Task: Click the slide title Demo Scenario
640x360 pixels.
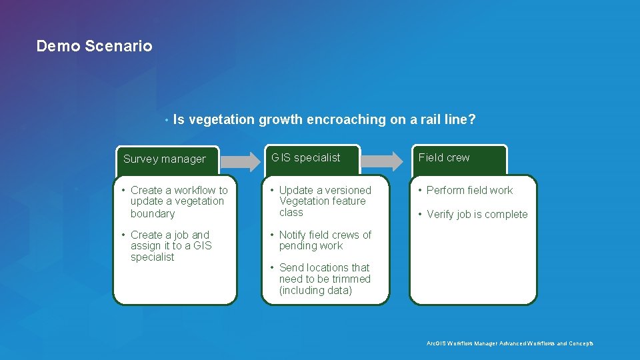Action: [94, 46]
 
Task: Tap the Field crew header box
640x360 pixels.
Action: [459, 158]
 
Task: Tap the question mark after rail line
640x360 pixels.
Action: [472, 120]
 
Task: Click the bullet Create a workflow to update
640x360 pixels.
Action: [178, 201]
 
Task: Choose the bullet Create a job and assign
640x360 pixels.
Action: [171, 245]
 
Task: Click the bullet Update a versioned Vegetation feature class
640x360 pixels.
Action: [324, 201]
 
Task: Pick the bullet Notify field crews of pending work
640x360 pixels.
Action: [324, 240]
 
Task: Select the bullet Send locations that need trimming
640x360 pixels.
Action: [324, 279]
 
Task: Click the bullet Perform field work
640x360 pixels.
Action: [469, 191]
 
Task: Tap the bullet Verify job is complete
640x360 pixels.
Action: [477, 215]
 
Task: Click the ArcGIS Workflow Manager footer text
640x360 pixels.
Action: [509, 343]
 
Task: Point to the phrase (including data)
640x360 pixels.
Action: [315, 291]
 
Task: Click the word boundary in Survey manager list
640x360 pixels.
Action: [153, 214]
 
